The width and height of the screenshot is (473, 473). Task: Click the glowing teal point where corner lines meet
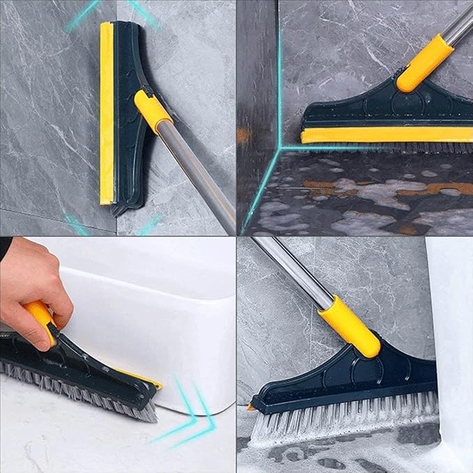pyautogui.click(x=279, y=148)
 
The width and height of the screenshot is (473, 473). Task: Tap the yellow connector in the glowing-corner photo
pyautogui.click(x=425, y=62)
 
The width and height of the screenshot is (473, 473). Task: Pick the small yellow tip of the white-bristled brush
pyautogui.click(x=251, y=406)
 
